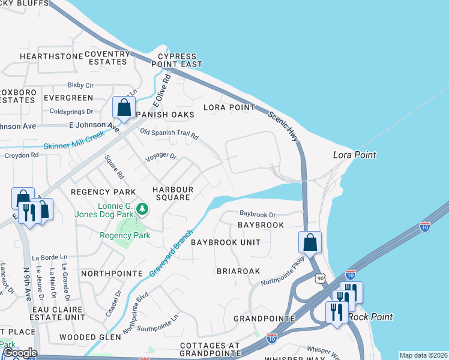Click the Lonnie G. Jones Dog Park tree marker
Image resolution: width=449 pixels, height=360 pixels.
[x=142, y=209]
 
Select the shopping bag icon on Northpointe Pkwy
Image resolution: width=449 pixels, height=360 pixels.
[x=310, y=243]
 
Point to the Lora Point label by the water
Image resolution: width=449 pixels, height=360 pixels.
[x=354, y=155]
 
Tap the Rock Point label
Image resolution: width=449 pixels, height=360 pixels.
[x=373, y=317]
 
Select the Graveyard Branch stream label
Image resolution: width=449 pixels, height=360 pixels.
[x=171, y=253]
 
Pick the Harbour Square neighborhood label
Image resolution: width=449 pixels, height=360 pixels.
[x=173, y=193]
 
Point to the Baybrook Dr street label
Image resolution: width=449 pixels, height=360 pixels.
[x=257, y=214]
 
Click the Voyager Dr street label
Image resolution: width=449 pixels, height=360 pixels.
[x=161, y=157]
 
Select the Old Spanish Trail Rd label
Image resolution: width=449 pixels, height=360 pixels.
[x=169, y=134]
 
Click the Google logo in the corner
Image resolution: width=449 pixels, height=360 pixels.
[x=19, y=353]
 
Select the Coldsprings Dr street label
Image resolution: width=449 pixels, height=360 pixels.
[x=71, y=112]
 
